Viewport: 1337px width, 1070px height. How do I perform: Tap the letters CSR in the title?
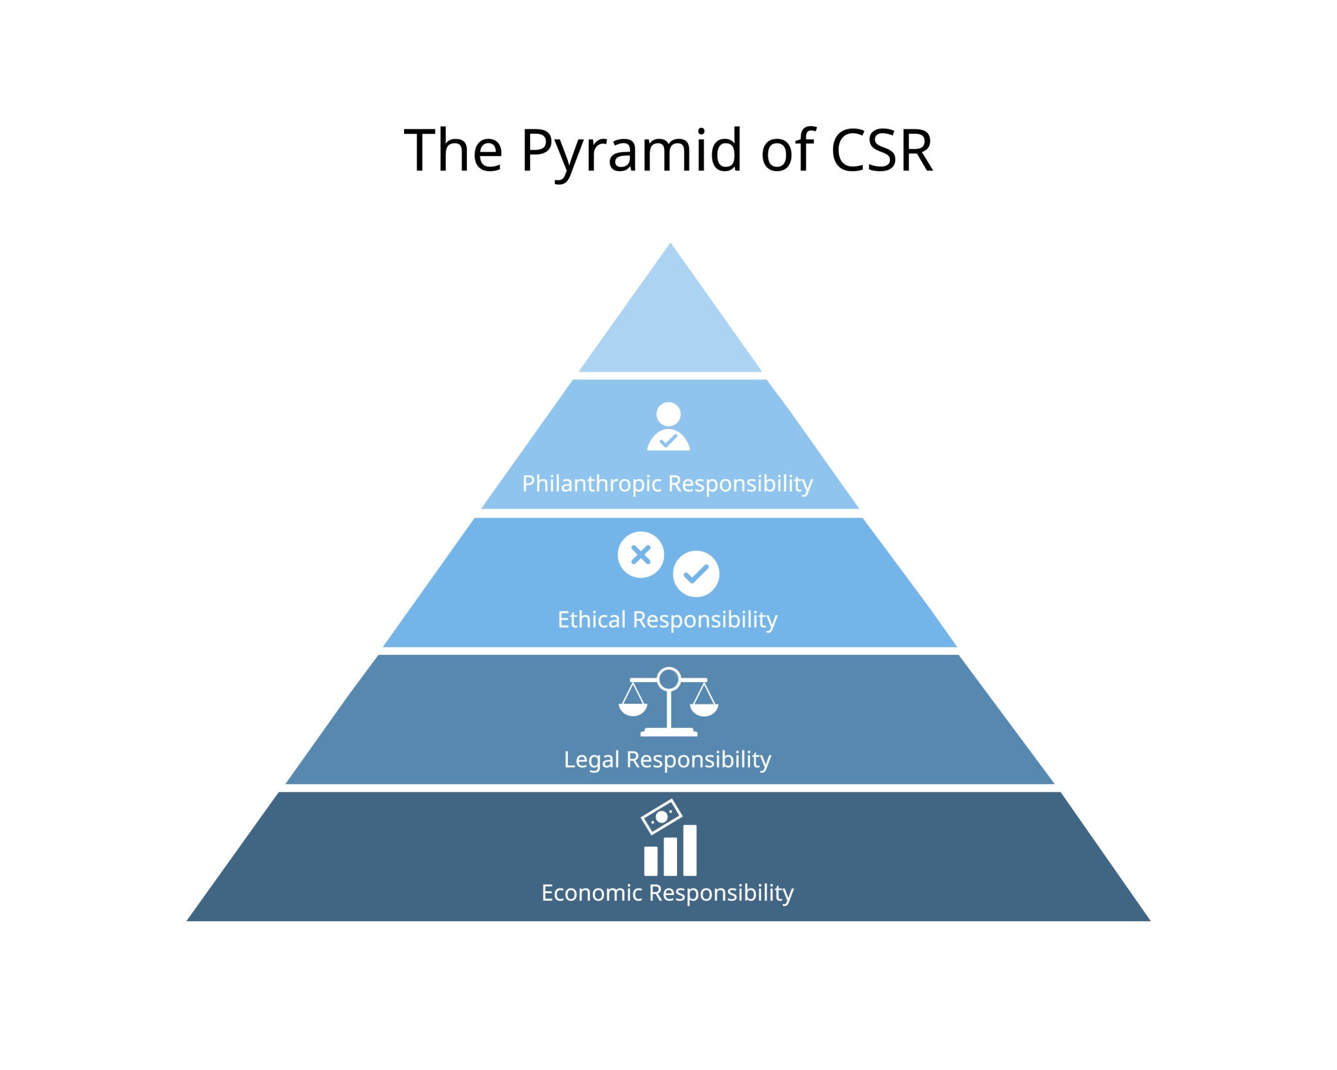coord(881,151)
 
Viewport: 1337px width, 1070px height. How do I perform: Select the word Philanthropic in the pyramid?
coord(591,484)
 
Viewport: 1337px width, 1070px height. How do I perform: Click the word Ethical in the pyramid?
coord(591,620)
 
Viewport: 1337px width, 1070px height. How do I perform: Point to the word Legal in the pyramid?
coord(591,760)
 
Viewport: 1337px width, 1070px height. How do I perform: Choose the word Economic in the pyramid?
coord(591,892)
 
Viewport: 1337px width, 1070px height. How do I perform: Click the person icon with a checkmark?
coord(668,427)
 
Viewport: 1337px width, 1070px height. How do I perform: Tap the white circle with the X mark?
coord(641,555)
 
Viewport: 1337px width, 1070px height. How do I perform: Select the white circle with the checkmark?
coord(696,574)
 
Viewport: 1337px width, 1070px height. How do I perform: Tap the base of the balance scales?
coord(669,732)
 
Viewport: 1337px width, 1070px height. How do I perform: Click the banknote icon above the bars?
coord(661,817)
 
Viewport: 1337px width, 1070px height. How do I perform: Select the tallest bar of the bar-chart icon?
coord(690,850)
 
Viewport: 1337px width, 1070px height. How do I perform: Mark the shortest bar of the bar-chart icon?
coord(651,861)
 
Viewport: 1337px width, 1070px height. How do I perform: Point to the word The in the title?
coord(453,151)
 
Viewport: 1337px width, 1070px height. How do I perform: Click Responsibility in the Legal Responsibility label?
coord(699,760)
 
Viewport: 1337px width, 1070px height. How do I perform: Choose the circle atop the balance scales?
coord(669,679)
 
